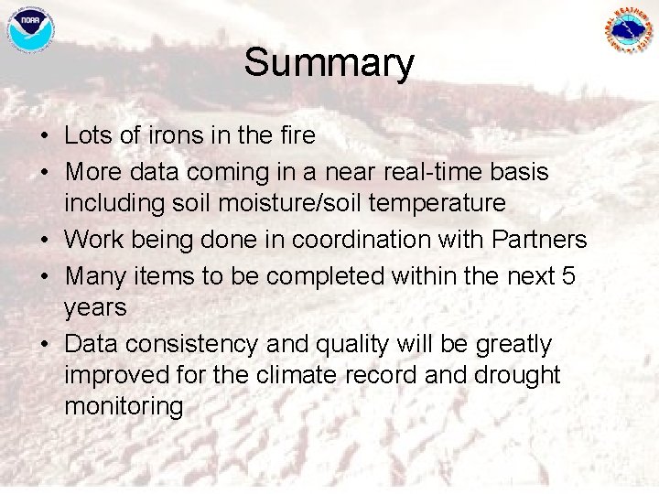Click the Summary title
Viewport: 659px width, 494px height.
point(329,63)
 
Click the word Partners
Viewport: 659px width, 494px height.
point(540,240)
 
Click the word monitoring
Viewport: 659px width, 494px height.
point(124,406)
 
